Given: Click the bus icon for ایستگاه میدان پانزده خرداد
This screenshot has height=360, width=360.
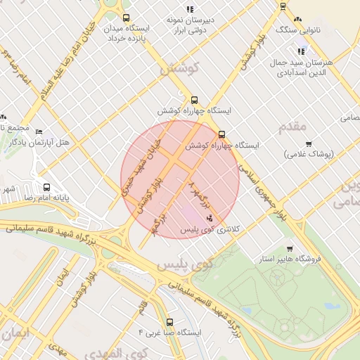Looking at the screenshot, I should (x=126, y=18).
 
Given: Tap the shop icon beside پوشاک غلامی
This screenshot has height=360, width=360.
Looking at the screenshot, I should (x=289, y=153).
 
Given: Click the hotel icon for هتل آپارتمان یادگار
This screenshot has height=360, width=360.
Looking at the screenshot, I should (x=39, y=132).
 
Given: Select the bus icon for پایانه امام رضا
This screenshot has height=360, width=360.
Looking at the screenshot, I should (x=46, y=188).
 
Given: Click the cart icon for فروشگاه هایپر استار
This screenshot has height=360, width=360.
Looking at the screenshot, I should (x=290, y=248).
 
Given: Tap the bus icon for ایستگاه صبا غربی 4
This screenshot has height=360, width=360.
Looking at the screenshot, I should (x=169, y=322).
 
